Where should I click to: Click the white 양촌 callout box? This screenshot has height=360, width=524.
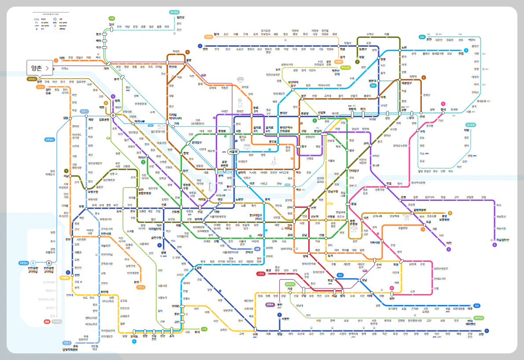(x=40, y=68)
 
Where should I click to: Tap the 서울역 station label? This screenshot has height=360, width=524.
(x=233, y=152)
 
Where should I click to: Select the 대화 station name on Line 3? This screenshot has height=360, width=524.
(x=62, y=58)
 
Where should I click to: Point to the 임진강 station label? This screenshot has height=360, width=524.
(x=181, y=18)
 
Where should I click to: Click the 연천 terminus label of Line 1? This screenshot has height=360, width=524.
(x=205, y=49)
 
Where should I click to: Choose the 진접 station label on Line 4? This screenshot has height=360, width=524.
(x=461, y=53)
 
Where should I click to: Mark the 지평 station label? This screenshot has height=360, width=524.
(x=466, y=130)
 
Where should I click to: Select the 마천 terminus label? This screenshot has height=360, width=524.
(x=449, y=243)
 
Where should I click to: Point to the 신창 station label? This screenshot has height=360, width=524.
(x=481, y=334)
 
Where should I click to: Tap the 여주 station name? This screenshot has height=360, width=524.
(x=470, y=309)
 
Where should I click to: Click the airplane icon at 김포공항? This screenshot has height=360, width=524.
(x=113, y=115)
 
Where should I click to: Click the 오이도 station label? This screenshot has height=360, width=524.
(x=134, y=336)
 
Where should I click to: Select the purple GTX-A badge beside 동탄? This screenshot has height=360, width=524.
(x=270, y=304)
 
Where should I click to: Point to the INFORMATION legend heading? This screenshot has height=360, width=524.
(x=50, y=14)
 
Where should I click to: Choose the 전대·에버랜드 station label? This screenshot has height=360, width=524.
(x=471, y=323)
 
